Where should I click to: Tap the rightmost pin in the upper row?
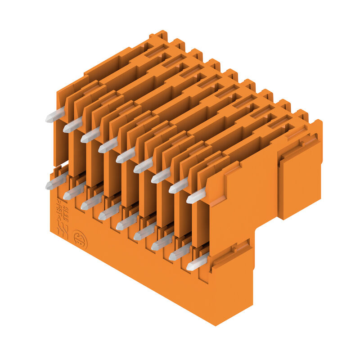[196, 197]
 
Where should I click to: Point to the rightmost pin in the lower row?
[197, 262]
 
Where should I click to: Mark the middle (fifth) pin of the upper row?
[125, 156]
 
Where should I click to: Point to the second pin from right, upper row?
[178, 186]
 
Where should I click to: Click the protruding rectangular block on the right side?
[299, 180]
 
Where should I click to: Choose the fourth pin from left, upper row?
[108, 146]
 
